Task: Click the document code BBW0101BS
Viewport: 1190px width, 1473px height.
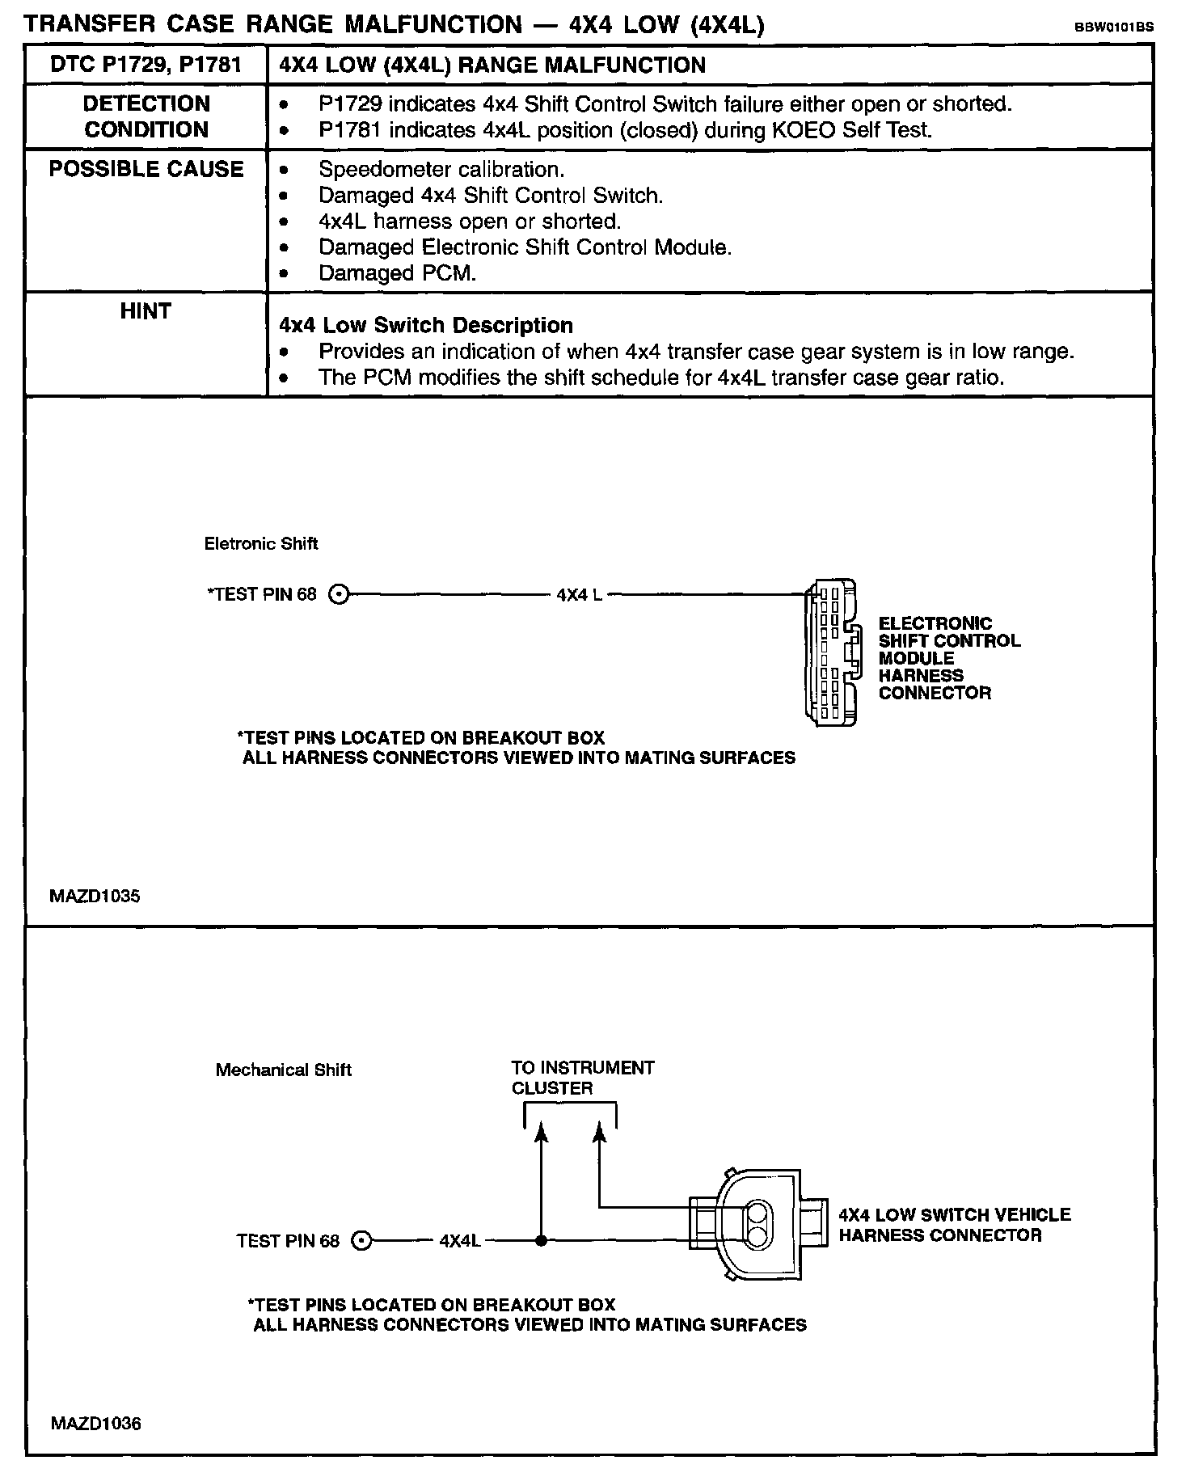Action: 1113,27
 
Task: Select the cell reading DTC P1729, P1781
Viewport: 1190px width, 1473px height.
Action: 146,65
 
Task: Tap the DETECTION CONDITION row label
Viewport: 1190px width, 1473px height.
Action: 146,116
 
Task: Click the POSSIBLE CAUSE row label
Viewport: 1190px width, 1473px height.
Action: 146,169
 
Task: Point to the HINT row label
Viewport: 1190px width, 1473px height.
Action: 146,311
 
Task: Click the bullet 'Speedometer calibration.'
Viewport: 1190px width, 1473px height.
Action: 441,170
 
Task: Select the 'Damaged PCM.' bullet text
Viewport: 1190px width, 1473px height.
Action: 397,273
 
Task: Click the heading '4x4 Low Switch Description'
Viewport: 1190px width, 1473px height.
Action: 426,325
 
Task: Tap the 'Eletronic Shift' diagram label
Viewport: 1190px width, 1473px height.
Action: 260,544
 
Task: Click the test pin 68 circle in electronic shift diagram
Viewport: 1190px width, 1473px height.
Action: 340,595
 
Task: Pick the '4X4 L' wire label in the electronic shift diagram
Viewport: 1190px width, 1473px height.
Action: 579,595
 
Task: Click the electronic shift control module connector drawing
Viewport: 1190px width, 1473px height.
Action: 830,651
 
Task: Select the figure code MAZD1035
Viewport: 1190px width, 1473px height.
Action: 95,896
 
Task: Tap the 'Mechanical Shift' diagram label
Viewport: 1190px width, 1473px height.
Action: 283,1070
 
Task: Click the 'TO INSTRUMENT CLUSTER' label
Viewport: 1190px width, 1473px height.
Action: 582,1078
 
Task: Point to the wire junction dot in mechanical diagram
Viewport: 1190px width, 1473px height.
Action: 541,1240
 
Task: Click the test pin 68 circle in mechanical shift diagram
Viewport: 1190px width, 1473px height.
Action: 362,1241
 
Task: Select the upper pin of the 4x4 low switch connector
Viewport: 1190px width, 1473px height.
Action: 758,1214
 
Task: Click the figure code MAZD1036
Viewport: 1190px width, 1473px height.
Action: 95,1423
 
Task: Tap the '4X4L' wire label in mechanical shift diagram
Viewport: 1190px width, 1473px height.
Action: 460,1240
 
